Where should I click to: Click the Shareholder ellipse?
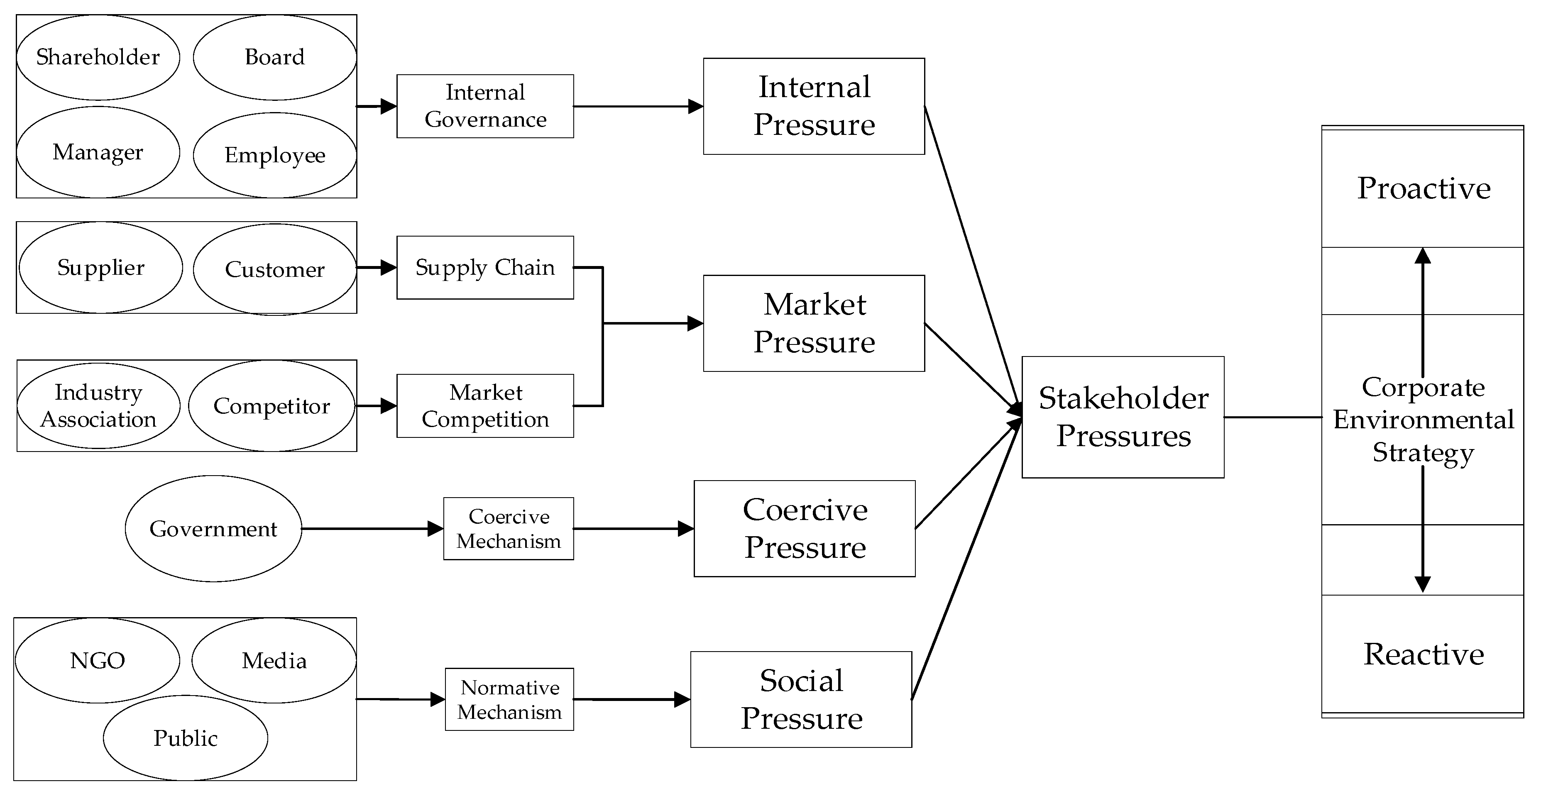pyautogui.click(x=98, y=57)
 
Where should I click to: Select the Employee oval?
pyautogui.click(x=274, y=156)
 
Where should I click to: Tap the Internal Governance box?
pyautogui.click(x=485, y=107)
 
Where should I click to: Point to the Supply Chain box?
pyautogui.click(x=485, y=267)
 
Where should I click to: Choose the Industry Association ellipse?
pyautogui.click(x=98, y=405)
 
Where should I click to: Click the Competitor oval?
pyautogui.click(x=272, y=405)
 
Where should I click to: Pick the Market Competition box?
pyautogui.click(x=485, y=405)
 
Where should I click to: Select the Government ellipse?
pyautogui.click(x=213, y=529)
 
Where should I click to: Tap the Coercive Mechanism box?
pyautogui.click(x=509, y=529)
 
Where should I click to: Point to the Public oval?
pyautogui.click(x=186, y=737)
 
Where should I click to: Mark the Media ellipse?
pyautogui.click(x=274, y=660)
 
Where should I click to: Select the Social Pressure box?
pyautogui.click(x=801, y=699)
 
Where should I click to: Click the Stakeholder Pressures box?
pyautogui.click(x=1123, y=417)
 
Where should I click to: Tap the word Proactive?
pyautogui.click(x=1423, y=188)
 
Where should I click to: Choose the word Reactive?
pyautogui.click(x=1423, y=654)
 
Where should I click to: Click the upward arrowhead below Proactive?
pyautogui.click(x=1423, y=256)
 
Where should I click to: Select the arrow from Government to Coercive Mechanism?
pyautogui.click(x=371, y=529)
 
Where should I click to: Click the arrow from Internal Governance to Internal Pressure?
pyautogui.click(x=637, y=107)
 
